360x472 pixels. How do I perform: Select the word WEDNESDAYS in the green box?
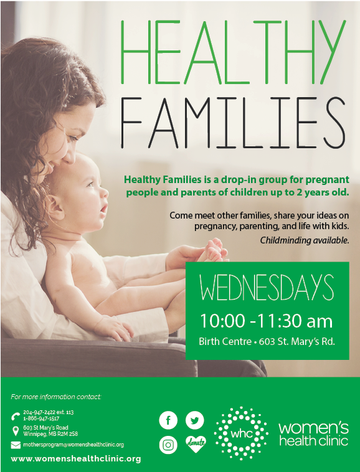pyautogui.click(x=267, y=288)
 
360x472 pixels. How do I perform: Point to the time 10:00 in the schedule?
pyautogui.click(x=220, y=321)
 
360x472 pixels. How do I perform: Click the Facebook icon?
pyautogui.click(x=168, y=420)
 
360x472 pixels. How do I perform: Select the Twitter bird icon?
pyautogui.click(x=196, y=420)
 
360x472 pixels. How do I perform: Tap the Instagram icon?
pyautogui.click(x=168, y=445)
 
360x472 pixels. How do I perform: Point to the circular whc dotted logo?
pyautogui.click(x=240, y=433)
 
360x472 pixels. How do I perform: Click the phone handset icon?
pyautogui.click(x=16, y=416)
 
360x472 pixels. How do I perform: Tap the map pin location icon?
pyautogui.click(x=16, y=431)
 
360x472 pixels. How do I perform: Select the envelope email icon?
pyautogui.click(x=16, y=445)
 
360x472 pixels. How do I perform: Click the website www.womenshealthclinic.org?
pyautogui.click(x=76, y=459)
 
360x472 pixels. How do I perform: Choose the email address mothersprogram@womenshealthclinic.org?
pyautogui.click(x=73, y=445)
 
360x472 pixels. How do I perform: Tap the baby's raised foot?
pyautogui.click(x=212, y=250)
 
